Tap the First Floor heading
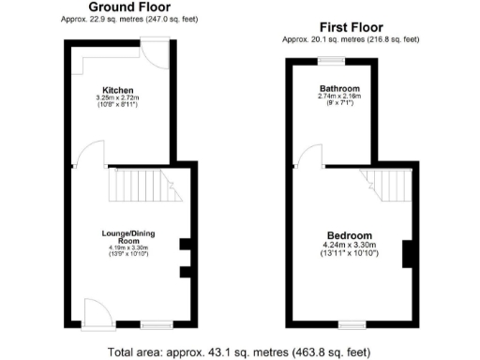tap(345, 28)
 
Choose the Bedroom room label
tap(350, 235)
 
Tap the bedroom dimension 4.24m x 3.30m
tap(350, 246)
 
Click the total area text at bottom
tap(239, 352)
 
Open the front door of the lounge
tap(97, 312)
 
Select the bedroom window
tap(352, 324)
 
